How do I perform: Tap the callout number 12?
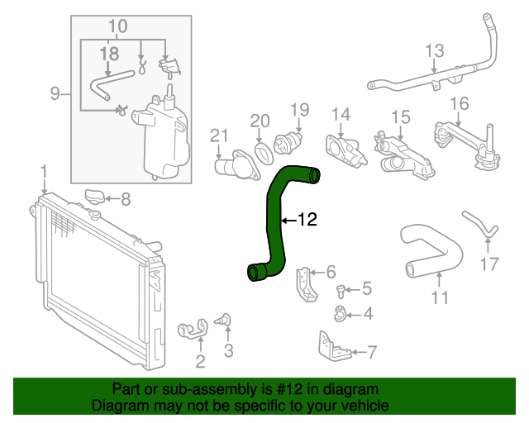pos(307,220)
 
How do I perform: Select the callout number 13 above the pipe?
pos(435,51)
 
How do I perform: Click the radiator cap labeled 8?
pos(97,197)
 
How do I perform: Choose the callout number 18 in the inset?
pos(109,55)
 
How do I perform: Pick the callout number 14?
pos(341,114)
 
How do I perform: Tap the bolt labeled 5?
pos(341,289)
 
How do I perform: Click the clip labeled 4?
pos(340,312)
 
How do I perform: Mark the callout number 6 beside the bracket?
pos(331,271)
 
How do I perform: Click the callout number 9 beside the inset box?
pos(55,93)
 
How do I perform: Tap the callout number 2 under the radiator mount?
pos(200,360)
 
